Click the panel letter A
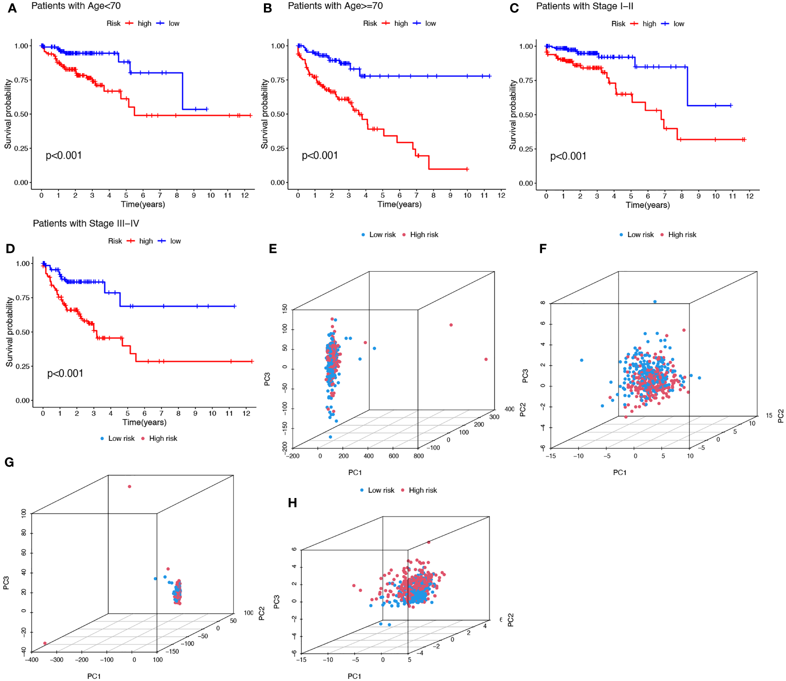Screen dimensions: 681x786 [12, 8]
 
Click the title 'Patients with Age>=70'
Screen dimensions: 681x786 [335, 6]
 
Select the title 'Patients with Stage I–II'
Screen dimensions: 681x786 [584, 7]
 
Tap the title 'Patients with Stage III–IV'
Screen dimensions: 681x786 [86, 223]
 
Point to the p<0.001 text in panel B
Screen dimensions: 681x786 [319, 156]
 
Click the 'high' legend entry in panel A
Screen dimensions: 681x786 [144, 23]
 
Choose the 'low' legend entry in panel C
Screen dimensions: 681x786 [679, 24]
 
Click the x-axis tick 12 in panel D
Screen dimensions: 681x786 [246, 413]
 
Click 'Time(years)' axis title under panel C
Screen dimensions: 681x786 [648, 205]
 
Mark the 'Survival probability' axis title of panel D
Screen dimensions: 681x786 [9, 332]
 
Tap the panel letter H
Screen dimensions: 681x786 [292, 503]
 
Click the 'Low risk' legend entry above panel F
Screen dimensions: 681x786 [640, 235]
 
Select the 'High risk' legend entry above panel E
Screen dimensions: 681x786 [424, 235]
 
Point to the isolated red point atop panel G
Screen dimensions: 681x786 [130, 486]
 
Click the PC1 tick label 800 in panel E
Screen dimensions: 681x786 [418, 456]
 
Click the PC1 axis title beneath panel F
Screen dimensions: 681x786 [620, 473]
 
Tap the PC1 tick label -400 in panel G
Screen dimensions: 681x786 [31, 660]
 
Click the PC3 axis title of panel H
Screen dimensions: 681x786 [277, 602]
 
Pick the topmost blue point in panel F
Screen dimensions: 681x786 [655, 302]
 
